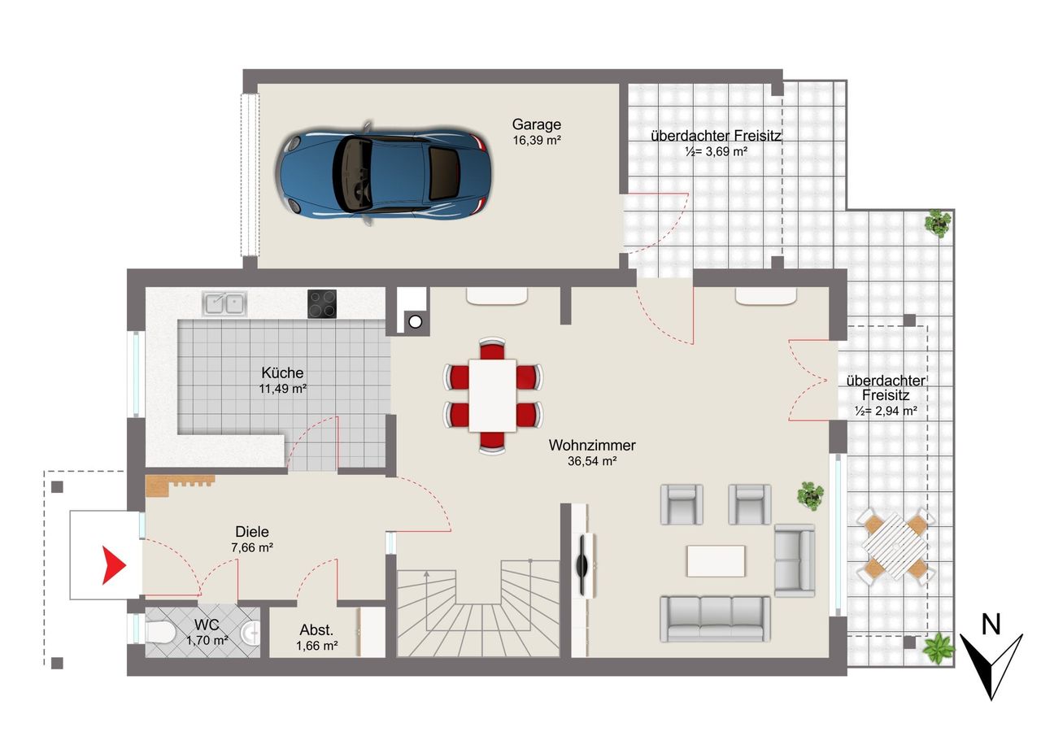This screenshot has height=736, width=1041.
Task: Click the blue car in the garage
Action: click(x=385, y=173)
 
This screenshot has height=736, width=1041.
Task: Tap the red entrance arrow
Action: click(x=113, y=565)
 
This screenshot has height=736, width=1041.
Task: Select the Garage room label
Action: click(x=536, y=124)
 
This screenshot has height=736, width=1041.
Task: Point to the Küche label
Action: click(x=282, y=372)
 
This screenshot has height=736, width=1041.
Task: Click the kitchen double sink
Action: click(x=224, y=304)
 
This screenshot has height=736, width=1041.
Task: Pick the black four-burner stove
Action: click(x=321, y=304)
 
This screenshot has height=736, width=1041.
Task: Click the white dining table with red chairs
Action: click(x=493, y=395)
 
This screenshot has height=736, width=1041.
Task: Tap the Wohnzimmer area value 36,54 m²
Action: click(x=591, y=461)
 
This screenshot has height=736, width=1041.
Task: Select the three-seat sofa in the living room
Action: click(x=715, y=620)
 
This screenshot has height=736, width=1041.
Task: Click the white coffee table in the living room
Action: click(x=716, y=561)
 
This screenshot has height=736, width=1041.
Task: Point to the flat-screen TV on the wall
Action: click(x=582, y=565)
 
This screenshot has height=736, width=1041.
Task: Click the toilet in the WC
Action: click(x=159, y=633)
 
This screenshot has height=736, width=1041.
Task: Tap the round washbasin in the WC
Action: click(x=250, y=633)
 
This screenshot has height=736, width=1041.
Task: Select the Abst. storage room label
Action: click(x=316, y=630)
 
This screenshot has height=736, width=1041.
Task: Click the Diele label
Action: click(x=252, y=532)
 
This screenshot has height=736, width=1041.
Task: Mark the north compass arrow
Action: click(x=991, y=666)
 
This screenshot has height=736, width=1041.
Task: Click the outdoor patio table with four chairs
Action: click(x=895, y=546)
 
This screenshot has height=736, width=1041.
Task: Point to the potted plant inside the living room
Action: click(x=811, y=495)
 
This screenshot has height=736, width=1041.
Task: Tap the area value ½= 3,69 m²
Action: click(x=716, y=151)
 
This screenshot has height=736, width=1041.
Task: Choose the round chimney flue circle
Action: click(x=415, y=321)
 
